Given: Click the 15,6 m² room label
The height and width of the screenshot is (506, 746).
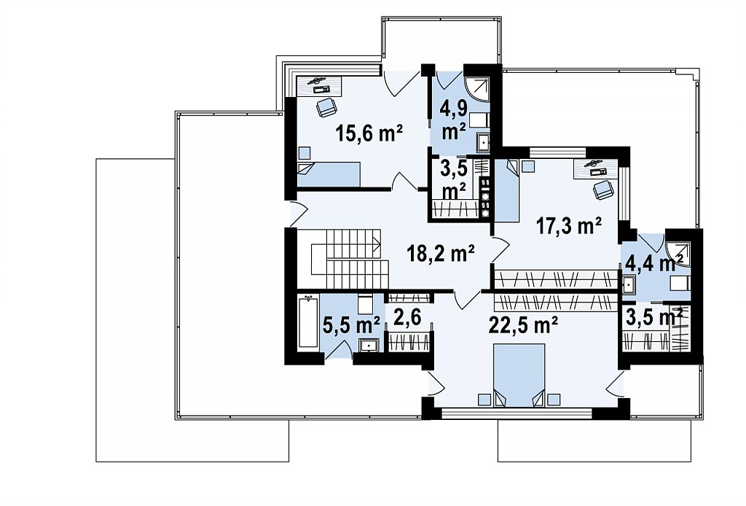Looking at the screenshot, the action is click(x=369, y=133).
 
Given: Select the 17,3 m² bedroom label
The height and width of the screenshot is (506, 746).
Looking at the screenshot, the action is click(x=569, y=225).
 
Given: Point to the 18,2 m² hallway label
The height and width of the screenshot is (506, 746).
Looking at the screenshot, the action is click(x=441, y=253).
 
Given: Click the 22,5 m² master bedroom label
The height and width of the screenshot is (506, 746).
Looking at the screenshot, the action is click(x=523, y=326).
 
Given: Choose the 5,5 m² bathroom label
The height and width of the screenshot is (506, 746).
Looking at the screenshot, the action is click(x=351, y=326).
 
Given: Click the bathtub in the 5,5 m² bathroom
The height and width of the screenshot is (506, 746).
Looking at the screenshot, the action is click(x=308, y=323).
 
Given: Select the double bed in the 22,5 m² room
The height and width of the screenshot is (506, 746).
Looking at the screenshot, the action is click(x=519, y=375).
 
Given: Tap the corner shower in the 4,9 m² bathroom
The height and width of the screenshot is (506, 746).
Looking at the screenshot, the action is click(x=476, y=89).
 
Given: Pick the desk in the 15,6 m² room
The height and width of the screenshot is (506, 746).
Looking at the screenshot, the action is click(x=320, y=85).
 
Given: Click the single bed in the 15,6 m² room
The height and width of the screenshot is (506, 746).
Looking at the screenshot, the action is click(x=329, y=174).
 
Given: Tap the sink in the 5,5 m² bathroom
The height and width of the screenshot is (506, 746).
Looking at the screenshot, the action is click(x=368, y=345).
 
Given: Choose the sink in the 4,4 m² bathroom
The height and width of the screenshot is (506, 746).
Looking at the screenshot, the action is click(x=628, y=284).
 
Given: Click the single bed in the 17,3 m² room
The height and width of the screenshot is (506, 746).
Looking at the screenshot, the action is click(x=507, y=190).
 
